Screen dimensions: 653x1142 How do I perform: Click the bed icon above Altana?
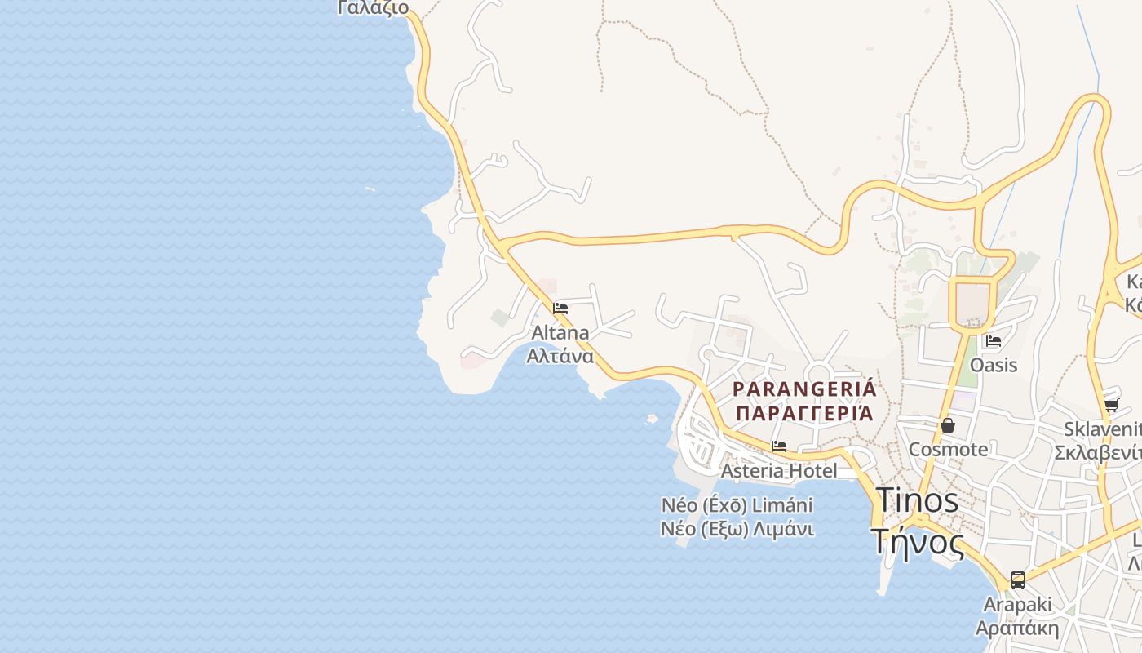pyautogui.click(x=560, y=309)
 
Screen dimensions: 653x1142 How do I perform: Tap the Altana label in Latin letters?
pyautogui.click(x=560, y=333)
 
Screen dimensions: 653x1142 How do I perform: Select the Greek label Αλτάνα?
pyautogui.click(x=560, y=356)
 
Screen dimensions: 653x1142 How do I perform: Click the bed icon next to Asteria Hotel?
pyautogui.click(x=779, y=446)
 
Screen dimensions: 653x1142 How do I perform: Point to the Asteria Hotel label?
pyautogui.click(x=779, y=471)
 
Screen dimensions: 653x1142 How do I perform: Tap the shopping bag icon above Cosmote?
pyautogui.click(x=948, y=425)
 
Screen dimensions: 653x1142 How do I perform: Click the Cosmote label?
pyautogui.click(x=948, y=450)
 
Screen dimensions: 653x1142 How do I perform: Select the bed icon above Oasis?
pyautogui.click(x=994, y=341)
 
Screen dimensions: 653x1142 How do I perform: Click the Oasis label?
pyautogui.click(x=994, y=365)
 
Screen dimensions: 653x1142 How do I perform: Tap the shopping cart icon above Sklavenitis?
pyautogui.click(x=1111, y=406)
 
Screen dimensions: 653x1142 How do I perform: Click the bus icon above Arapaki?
pyautogui.click(x=1018, y=580)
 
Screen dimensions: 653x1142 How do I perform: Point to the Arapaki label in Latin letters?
pyautogui.click(x=1017, y=606)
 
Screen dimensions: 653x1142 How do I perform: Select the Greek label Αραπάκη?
pyautogui.click(x=1017, y=629)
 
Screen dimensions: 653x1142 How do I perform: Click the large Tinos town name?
pyautogui.click(x=918, y=500)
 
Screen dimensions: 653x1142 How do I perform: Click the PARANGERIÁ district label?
pyautogui.click(x=804, y=389)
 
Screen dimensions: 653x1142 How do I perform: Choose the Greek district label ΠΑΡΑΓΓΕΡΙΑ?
pyautogui.click(x=804, y=413)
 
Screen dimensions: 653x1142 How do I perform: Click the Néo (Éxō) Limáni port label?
pyautogui.click(x=737, y=505)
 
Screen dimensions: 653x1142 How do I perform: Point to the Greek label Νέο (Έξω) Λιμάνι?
pyautogui.click(x=737, y=529)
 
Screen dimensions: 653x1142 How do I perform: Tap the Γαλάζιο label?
pyautogui.click(x=373, y=8)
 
